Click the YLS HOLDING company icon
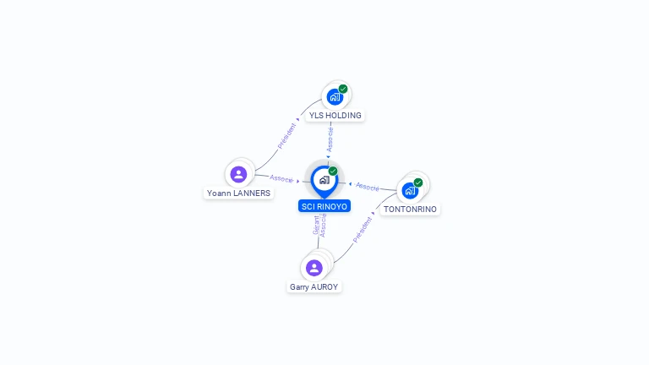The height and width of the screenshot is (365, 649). tap(335, 97)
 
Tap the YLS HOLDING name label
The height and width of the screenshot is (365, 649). tap(335, 116)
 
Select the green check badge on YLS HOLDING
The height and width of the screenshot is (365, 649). tap(343, 89)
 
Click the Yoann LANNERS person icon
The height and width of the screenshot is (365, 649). tap(238, 174)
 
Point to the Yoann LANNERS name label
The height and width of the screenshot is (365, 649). tap(239, 193)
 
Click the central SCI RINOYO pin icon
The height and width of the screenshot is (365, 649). tap(324, 180)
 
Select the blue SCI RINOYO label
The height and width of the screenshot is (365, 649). tap(324, 206)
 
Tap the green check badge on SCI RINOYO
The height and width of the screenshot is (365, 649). tap(333, 171)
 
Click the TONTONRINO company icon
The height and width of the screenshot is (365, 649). tap(410, 190)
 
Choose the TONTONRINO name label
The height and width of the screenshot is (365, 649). tap(410, 209)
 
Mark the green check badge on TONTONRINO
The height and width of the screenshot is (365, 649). tap(418, 182)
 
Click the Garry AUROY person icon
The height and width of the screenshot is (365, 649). tap(314, 268)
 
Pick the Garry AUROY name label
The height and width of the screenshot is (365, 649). tap(314, 287)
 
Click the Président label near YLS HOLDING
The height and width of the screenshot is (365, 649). tap(287, 133)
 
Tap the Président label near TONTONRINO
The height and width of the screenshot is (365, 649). tap(363, 229)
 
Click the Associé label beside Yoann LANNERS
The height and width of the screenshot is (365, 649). tap(281, 178)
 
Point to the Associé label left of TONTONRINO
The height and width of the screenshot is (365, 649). tap(368, 186)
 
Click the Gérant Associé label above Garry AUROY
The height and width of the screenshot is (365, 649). tap(319, 225)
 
